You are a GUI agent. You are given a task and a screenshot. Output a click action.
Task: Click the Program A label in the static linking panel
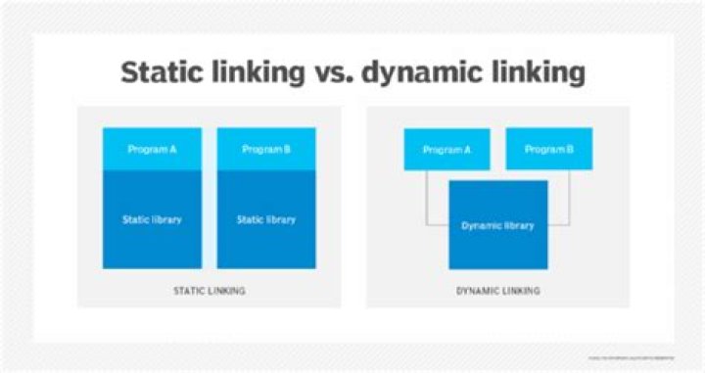point(152,150)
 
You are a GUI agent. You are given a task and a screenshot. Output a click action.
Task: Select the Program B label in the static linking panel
point(265,150)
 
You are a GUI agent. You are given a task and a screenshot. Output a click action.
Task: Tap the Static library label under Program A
point(152,219)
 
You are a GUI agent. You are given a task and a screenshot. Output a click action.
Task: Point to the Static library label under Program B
point(265,219)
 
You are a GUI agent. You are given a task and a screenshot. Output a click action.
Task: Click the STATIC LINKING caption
point(209,291)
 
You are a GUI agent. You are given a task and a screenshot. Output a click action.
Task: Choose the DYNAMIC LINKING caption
point(497,291)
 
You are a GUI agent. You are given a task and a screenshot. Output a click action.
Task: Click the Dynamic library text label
point(497,225)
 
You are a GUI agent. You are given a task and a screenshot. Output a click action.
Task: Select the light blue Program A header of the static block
point(152,137)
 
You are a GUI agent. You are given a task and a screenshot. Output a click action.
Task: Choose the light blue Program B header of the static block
point(265,137)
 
